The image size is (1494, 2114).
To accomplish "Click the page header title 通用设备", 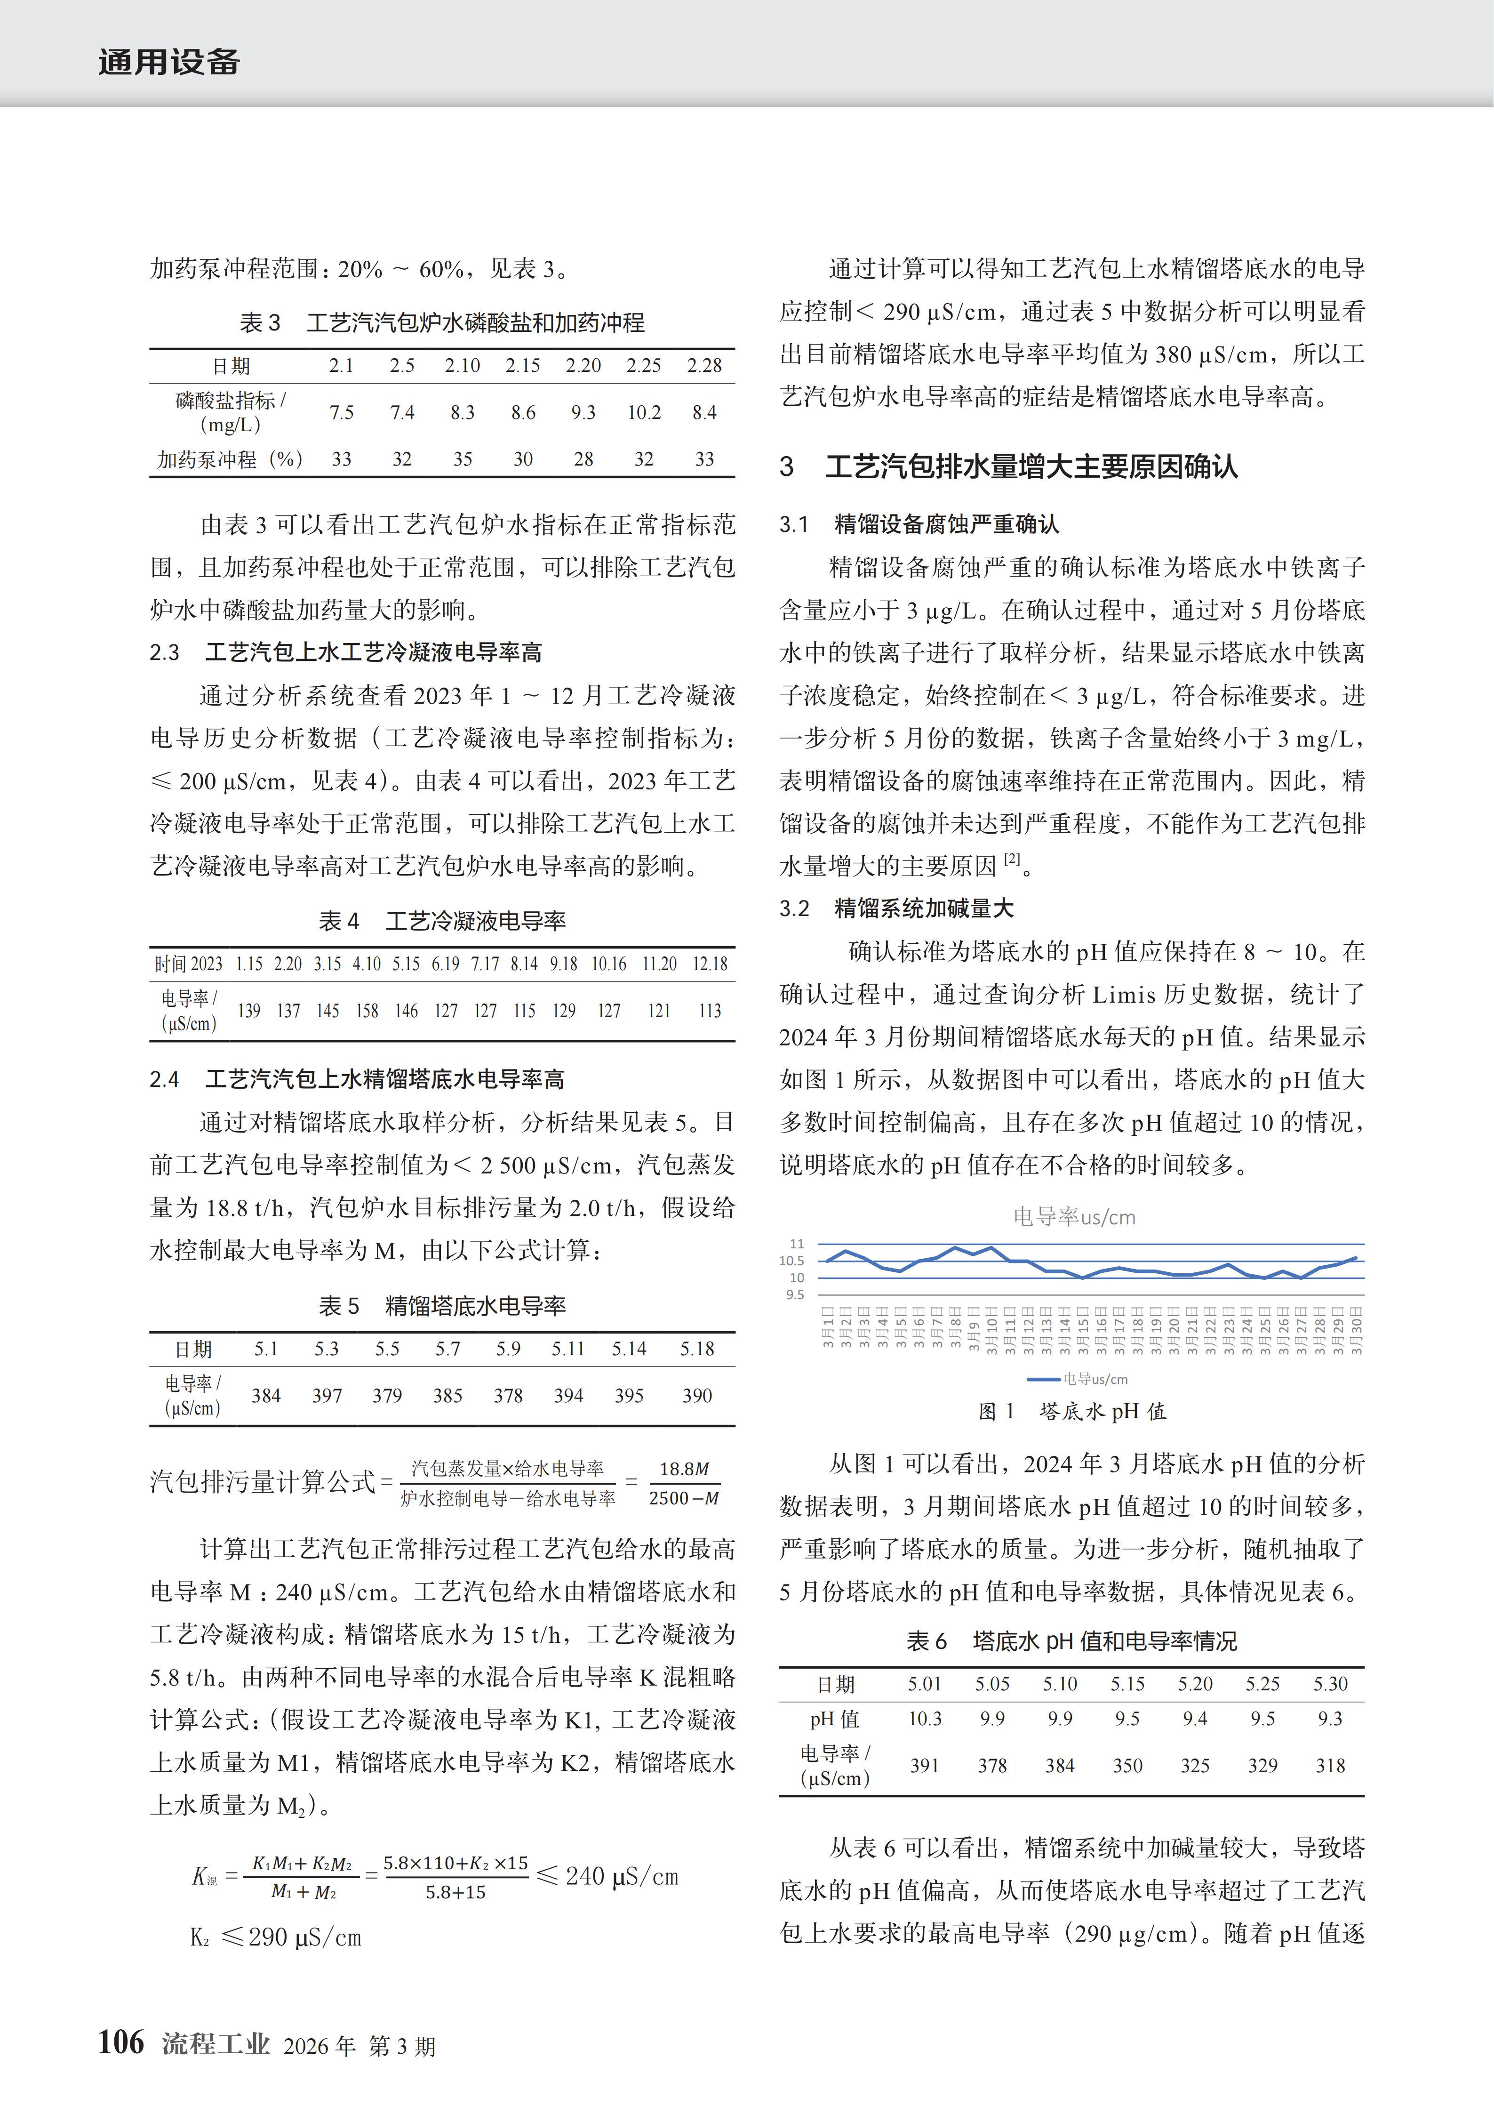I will [169, 63].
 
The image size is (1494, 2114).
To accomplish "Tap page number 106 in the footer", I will [121, 2042].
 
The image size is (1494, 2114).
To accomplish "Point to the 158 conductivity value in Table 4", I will [368, 1011].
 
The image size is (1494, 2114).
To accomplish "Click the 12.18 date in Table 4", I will [710, 964].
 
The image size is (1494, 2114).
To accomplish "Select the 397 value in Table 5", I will [327, 1396].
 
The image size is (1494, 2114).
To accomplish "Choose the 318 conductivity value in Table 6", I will [1330, 1765].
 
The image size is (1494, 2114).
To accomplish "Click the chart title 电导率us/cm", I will [1074, 1217].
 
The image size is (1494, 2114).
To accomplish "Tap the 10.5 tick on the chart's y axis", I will [791, 1261].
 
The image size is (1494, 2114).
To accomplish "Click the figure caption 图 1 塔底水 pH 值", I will [1072, 1412].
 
